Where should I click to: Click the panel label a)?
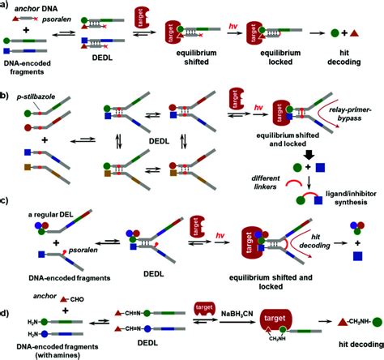pos(6,6)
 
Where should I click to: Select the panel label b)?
pos(6,99)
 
